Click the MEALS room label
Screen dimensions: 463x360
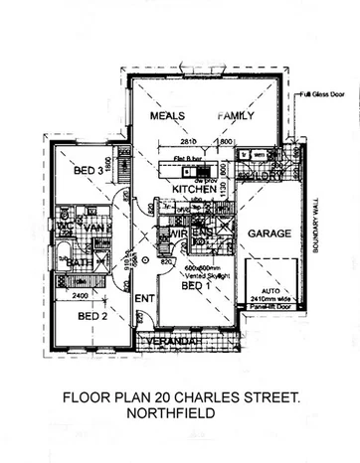pyautogui.click(x=169, y=116)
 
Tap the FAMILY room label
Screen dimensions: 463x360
pyautogui.click(x=238, y=116)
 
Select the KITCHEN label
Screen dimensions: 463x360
pyautogui.click(x=195, y=189)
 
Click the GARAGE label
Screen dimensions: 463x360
pyautogui.click(x=270, y=233)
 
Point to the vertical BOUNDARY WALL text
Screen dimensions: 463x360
pyautogui.click(x=322, y=224)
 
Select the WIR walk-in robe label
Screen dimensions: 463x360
pyautogui.click(x=178, y=234)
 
